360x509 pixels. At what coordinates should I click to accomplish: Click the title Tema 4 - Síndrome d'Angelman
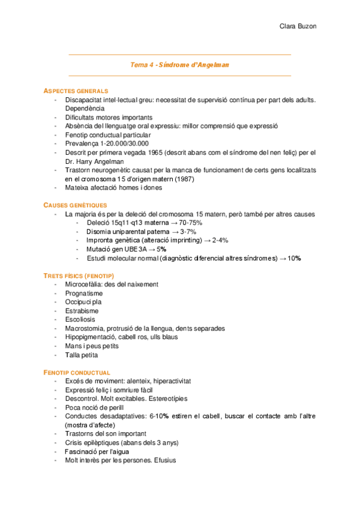(x=180, y=64)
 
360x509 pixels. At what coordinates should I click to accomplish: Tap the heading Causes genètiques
(x=75, y=205)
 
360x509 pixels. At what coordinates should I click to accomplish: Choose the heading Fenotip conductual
(x=77, y=373)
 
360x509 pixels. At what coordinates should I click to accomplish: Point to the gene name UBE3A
(x=124, y=249)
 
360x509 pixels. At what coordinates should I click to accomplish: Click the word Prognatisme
(x=83, y=294)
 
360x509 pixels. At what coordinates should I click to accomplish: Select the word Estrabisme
(x=82, y=311)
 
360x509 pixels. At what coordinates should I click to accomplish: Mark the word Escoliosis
(x=81, y=320)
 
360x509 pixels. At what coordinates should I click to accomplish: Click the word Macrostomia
(x=85, y=329)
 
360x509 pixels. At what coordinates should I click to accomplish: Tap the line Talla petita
(x=82, y=355)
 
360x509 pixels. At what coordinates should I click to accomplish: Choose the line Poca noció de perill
(x=96, y=408)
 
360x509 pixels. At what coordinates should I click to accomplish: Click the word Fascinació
(x=81, y=452)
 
